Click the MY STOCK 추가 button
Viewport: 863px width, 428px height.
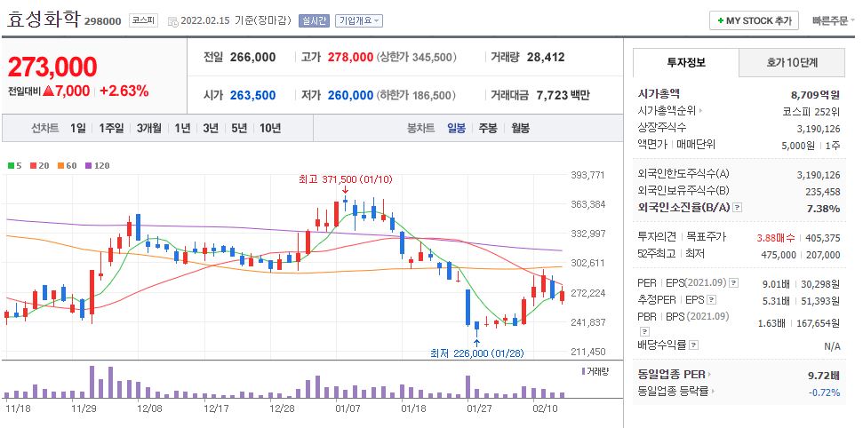pyautogui.click(x=754, y=20)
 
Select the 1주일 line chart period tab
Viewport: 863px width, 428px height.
pyautogui.click(x=112, y=128)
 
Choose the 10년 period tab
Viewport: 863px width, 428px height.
pyautogui.click(x=270, y=128)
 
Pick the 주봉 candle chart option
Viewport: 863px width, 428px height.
pyautogui.click(x=487, y=128)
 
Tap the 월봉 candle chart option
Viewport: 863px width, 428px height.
pyautogui.click(x=520, y=128)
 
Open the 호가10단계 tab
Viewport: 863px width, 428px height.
pyautogui.click(x=792, y=62)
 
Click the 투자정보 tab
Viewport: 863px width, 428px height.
pyautogui.click(x=685, y=62)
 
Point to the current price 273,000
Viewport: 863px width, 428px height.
pyautogui.click(x=52, y=67)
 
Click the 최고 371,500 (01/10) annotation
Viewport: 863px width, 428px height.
pyautogui.click(x=344, y=179)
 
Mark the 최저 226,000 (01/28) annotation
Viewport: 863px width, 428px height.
pyautogui.click(x=475, y=353)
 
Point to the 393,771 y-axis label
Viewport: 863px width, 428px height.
pyautogui.click(x=587, y=175)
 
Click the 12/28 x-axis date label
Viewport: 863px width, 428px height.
pyautogui.click(x=281, y=408)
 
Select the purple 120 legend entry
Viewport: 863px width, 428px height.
pyautogui.click(x=99, y=165)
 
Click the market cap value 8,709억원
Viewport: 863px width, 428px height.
pyautogui.click(x=815, y=93)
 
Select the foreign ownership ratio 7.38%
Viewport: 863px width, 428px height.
pyautogui.click(x=821, y=209)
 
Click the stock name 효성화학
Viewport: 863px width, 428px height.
pyautogui.click(x=43, y=20)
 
